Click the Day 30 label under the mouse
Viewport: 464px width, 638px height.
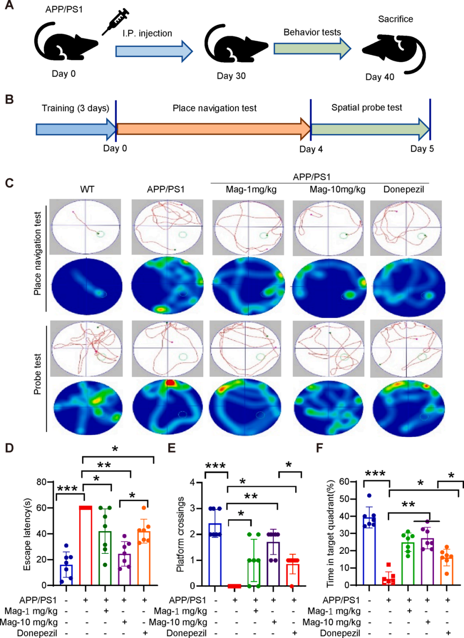click(x=231, y=76)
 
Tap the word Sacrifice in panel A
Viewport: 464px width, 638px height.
click(x=395, y=19)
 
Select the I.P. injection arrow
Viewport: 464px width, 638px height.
click(x=154, y=51)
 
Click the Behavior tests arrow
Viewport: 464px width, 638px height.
click(x=312, y=48)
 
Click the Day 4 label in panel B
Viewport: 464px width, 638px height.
click(x=311, y=149)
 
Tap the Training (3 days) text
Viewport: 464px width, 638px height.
click(x=75, y=108)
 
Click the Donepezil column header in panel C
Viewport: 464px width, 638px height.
click(x=403, y=189)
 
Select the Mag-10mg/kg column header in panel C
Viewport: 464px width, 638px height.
click(x=337, y=189)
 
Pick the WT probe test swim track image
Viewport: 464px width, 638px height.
click(x=86, y=349)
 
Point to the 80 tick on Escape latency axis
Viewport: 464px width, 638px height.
click(x=41, y=482)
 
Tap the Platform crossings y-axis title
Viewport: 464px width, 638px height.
click(x=180, y=535)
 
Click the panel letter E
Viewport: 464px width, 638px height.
click(x=171, y=448)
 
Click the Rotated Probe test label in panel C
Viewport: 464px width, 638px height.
click(x=37, y=374)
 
